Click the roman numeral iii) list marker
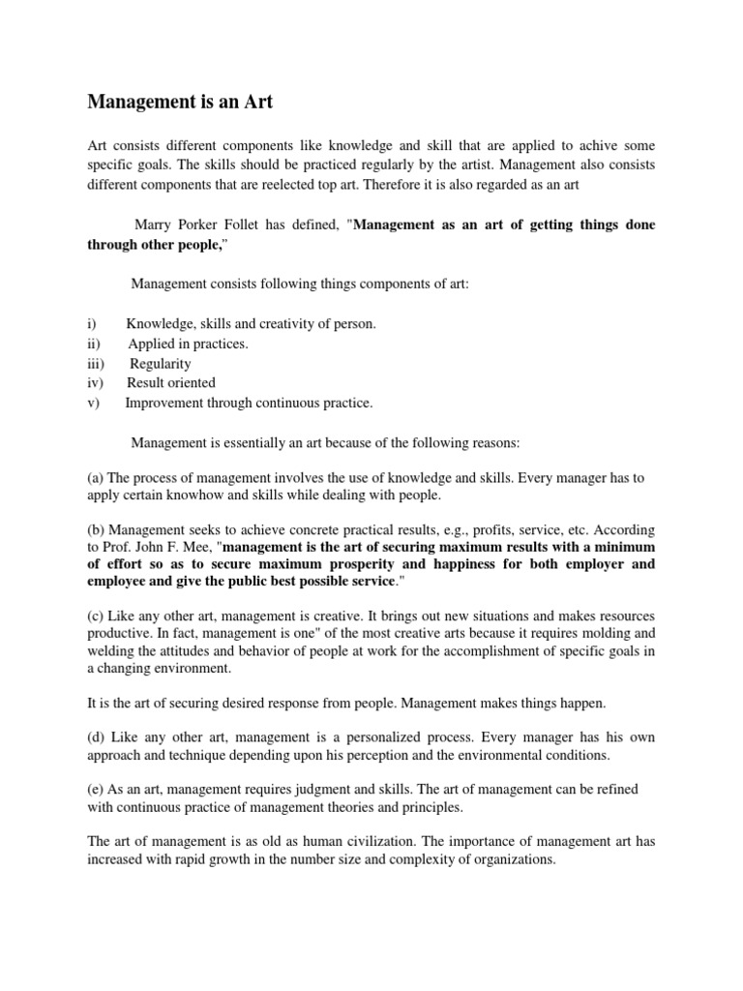pos(96,364)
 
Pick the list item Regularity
pos(162,364)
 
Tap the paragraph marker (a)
pos(96,478)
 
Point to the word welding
pos(110,651)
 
